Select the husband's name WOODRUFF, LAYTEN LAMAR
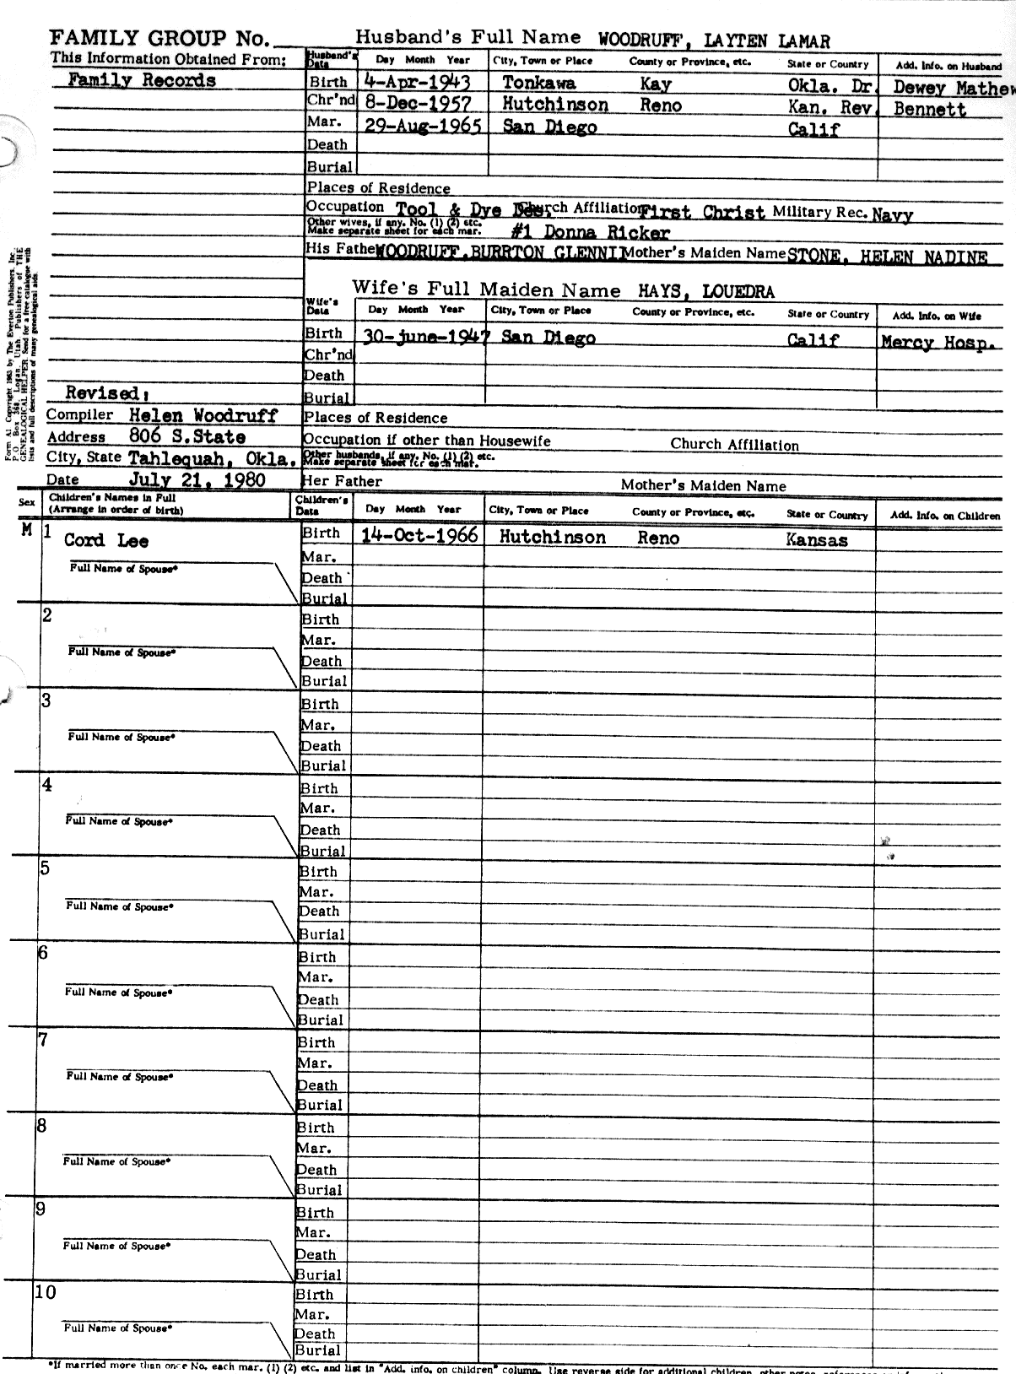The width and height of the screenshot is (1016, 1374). tap(714, 41)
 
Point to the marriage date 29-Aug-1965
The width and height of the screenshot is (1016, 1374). tap(423, 127)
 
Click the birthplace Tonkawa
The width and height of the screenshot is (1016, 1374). tap(539, 83)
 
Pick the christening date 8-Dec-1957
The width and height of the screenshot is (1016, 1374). tap(418, 105)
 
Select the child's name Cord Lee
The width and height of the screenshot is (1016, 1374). tap(106, 541)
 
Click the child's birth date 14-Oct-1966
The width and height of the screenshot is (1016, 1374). tap(419, 536)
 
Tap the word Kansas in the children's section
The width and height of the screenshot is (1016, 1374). tap(816, 540)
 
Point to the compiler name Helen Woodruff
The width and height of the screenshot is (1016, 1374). tap(203, 415)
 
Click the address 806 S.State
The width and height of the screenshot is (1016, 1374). tap(187, 437)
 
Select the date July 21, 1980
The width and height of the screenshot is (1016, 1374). tap(197, 480)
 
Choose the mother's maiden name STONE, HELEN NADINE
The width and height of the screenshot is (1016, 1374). tap(886, 257)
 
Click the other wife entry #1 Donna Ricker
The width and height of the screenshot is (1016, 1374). tap(590, 233)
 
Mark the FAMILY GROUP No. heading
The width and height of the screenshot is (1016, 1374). tap(159, 38)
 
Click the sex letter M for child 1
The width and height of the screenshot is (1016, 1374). tap(27, 530)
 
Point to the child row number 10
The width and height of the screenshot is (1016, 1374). tap(46, 1292)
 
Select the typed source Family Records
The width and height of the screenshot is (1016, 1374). tap(141, 81)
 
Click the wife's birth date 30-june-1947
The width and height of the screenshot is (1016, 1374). tap(425, 337)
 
